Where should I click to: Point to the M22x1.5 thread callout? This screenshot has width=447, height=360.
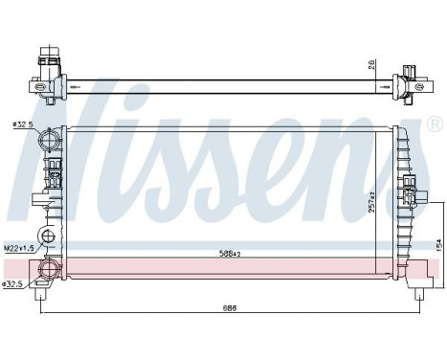[18, 248]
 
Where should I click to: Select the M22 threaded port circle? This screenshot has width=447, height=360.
[44, 236]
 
